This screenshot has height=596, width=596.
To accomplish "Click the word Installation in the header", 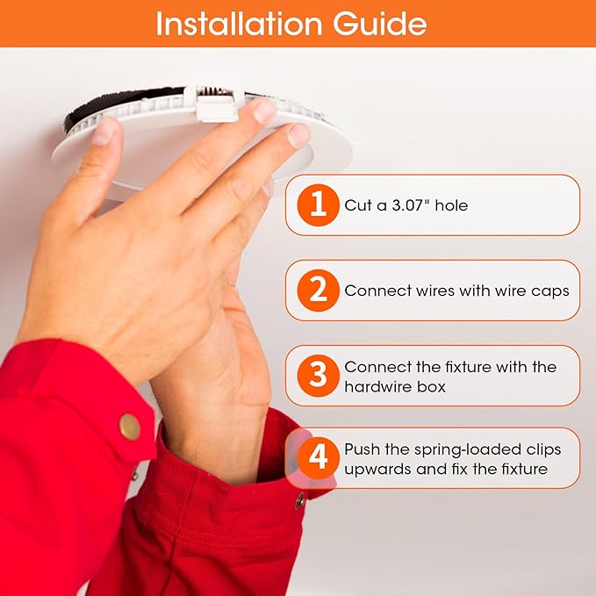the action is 240,24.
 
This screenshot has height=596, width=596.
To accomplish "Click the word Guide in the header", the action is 380,24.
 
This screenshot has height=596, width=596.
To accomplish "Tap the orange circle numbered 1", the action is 318,205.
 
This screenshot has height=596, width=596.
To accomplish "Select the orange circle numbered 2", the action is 318,291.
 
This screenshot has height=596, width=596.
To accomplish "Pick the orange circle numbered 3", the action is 318,376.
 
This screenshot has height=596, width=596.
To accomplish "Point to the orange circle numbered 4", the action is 318,458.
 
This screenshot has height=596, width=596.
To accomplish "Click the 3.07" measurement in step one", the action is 408,205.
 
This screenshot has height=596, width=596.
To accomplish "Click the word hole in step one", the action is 451,205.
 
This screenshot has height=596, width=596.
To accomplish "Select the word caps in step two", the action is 550,291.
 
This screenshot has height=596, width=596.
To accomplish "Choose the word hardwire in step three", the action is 377,386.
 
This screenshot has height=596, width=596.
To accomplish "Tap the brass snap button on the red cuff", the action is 130,427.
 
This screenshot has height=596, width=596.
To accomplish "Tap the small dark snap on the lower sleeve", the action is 300,501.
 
